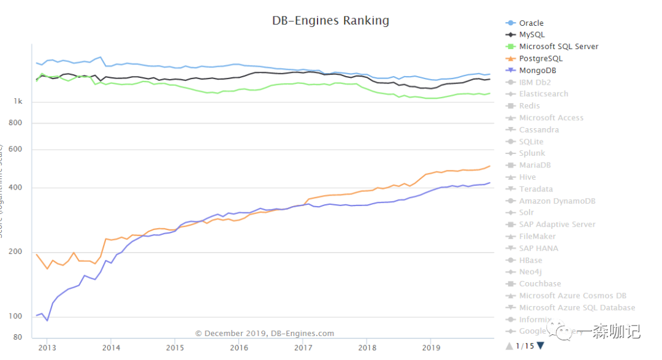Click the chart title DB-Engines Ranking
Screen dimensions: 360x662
pos(330,20)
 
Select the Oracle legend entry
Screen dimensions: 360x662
pos(531,23)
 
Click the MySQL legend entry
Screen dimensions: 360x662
pos(531,35)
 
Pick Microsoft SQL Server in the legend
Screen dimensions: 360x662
pos(558,47)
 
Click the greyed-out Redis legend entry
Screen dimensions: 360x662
pos(529,106)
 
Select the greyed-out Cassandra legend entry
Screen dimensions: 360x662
pos(539,130)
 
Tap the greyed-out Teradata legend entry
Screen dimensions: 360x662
pos(536,190)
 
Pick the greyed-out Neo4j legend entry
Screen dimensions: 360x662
pos(530,272)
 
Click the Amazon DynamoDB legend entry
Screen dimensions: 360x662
pos(557,201)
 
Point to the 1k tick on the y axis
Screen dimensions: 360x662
pos(18,101)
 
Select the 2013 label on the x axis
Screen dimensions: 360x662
pos(47,348)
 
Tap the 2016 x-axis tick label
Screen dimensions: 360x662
pos(239,348)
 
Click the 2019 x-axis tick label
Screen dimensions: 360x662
pos(431,348)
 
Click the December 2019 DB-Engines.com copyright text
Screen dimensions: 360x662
pos(265,334)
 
